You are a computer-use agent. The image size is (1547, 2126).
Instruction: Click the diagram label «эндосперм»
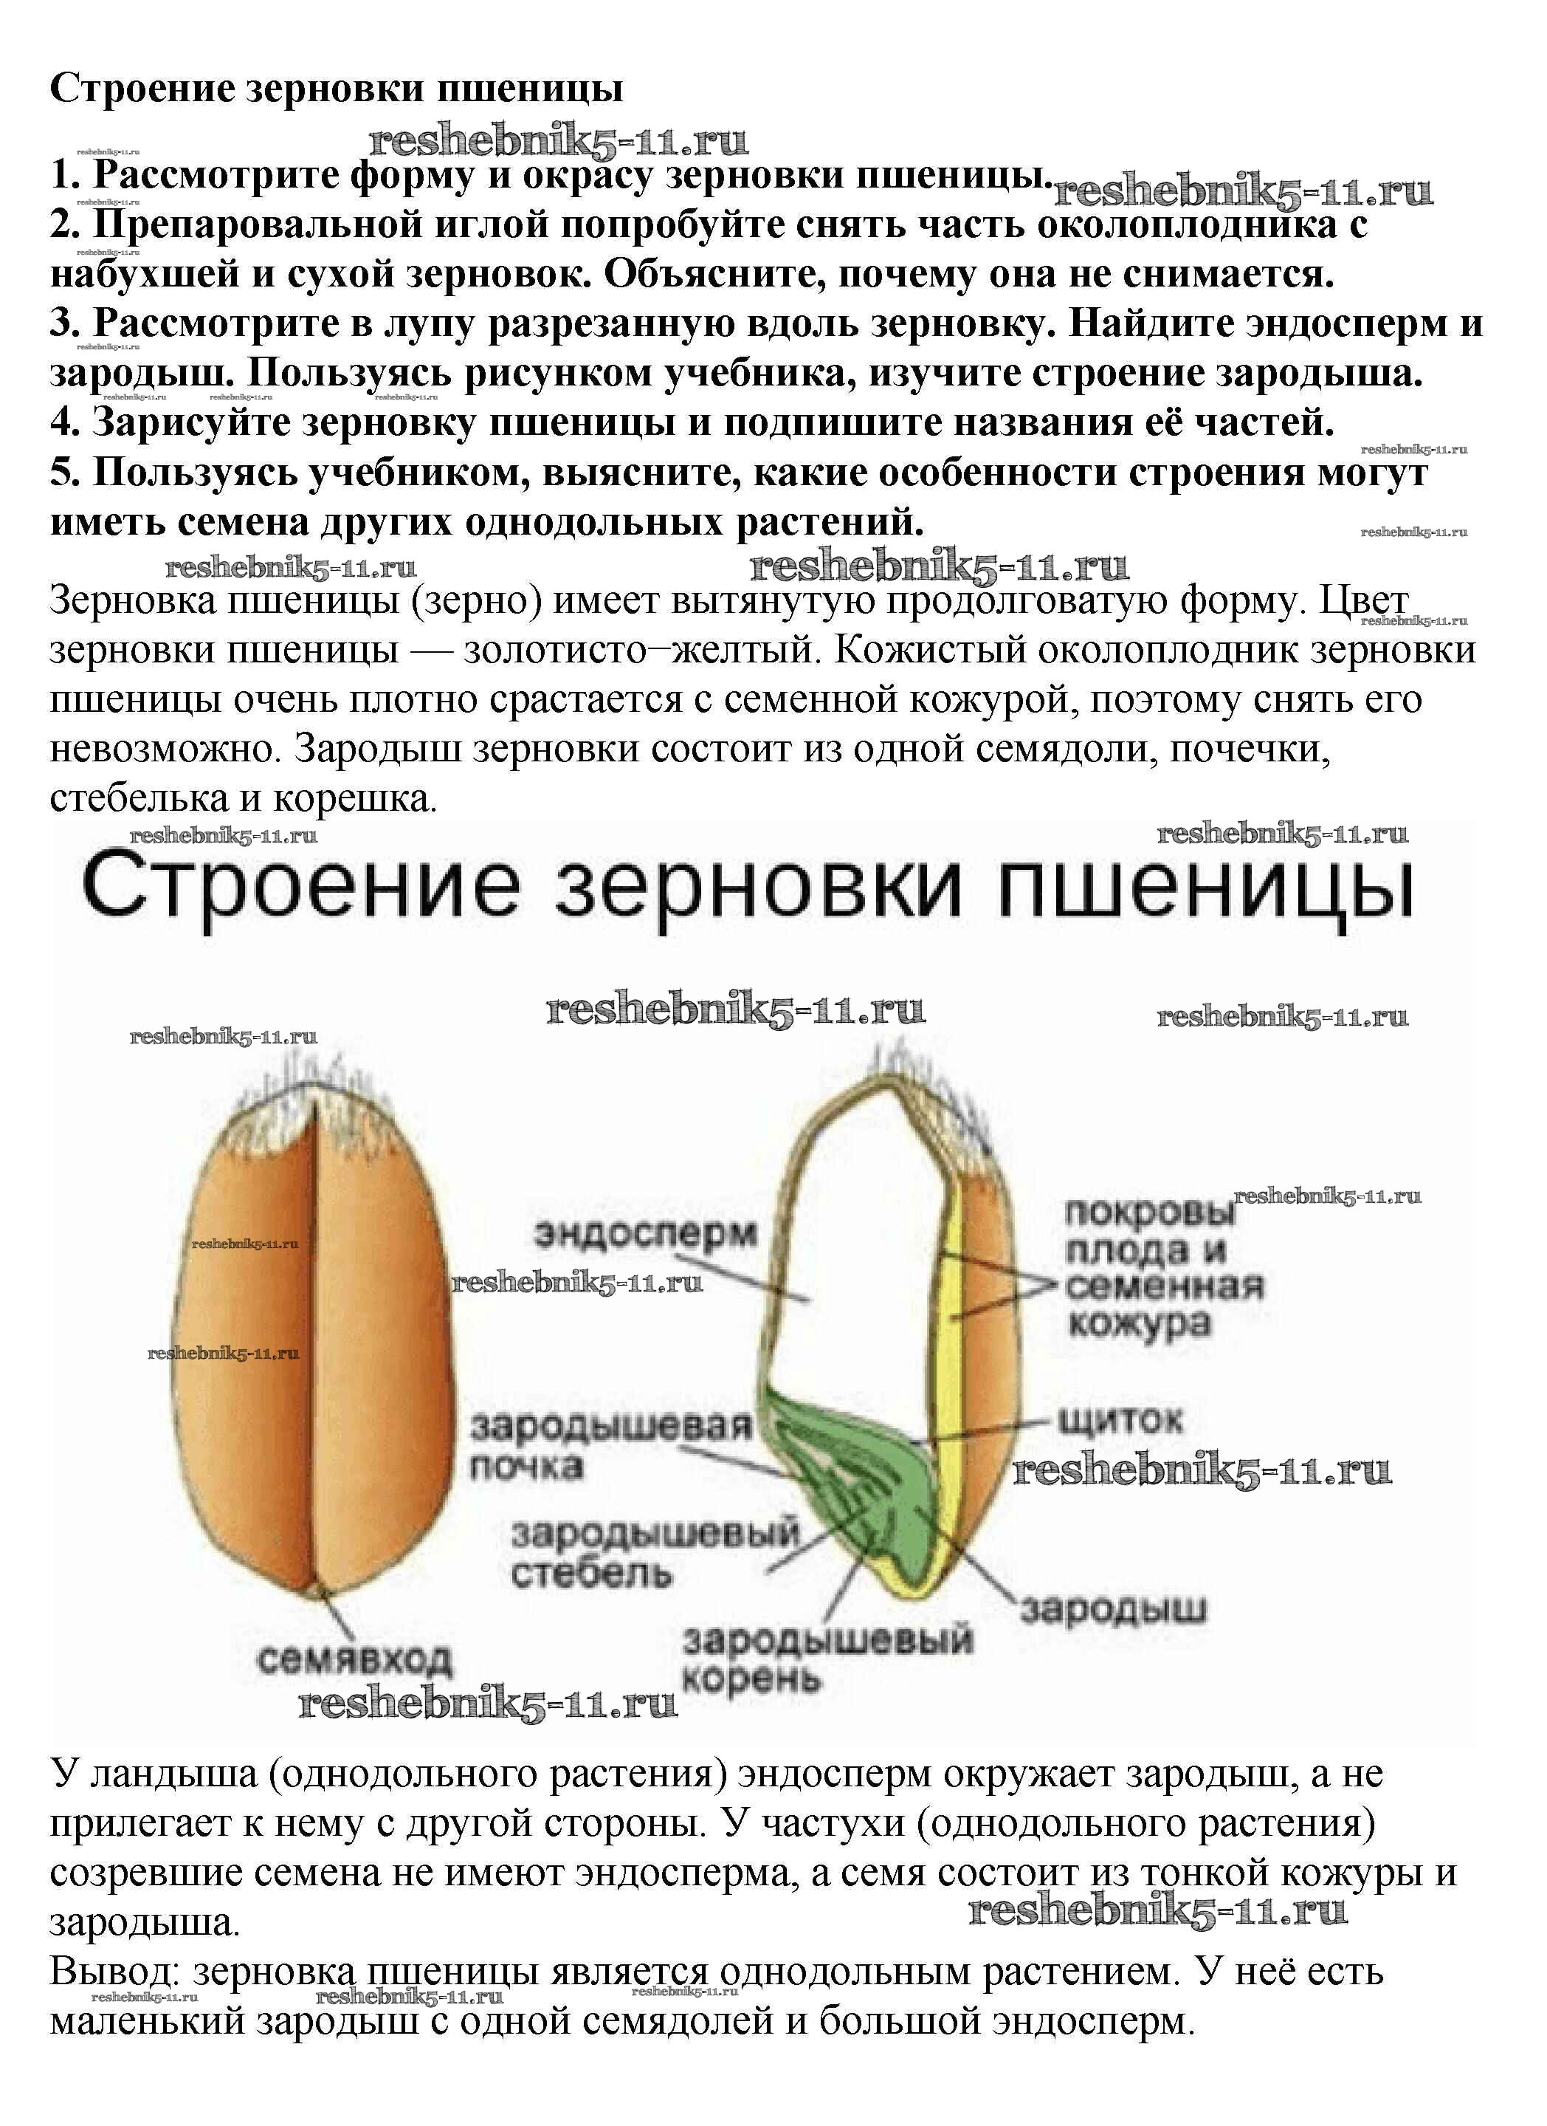coord(646,1234)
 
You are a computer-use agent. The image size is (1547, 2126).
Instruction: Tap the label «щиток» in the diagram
coord(1120,1420)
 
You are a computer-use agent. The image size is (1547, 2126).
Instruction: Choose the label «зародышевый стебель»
coord(655,1553)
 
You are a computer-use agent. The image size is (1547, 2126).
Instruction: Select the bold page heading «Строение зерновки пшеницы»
coord(337,89)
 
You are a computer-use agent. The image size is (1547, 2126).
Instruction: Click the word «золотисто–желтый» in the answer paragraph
coord(642,650)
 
